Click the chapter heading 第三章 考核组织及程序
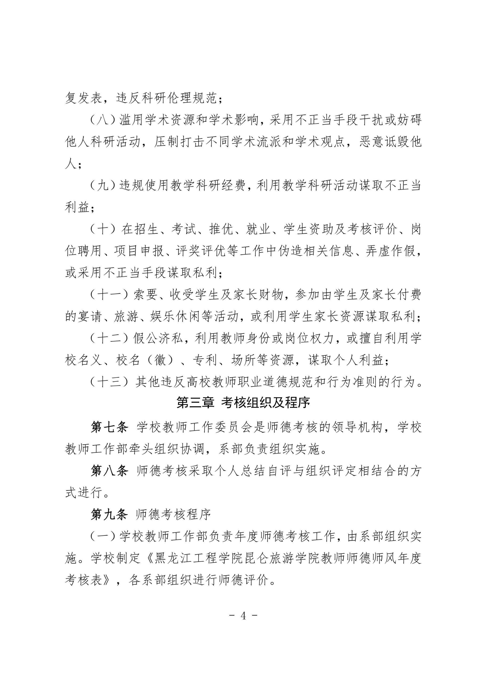[x=243, y=403]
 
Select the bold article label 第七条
[x=109, y=428]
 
